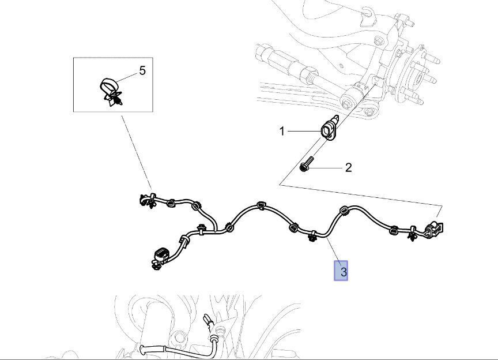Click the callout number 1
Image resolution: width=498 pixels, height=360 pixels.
pyautogui.click(x=282, y=131)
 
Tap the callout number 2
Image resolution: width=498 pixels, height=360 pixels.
pyautogui.click(x=348, y=167)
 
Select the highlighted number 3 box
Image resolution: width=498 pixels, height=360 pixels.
pyautogui.click(x=342, y=271)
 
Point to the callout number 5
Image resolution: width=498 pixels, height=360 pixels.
pyautogui.click(x=142, y=70)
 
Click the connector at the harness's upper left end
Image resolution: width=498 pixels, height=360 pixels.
pyautogui.click(x=144, y=199)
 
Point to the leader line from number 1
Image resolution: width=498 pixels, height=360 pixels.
pyautogui.click(x=303, y=132)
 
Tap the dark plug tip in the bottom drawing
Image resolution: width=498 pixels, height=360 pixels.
pyautogui.click(x=206, y=317)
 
